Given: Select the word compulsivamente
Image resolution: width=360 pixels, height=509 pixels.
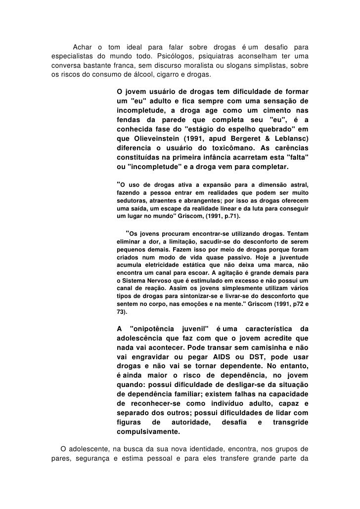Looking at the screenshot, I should click(x=148, y=431).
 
